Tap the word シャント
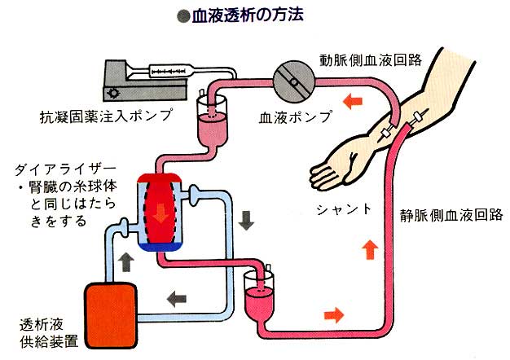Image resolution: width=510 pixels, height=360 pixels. [x=345, y=209]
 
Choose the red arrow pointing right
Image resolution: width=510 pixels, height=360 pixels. [x=333, y=314]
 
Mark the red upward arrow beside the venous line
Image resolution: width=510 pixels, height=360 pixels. [x=369, y=248]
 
